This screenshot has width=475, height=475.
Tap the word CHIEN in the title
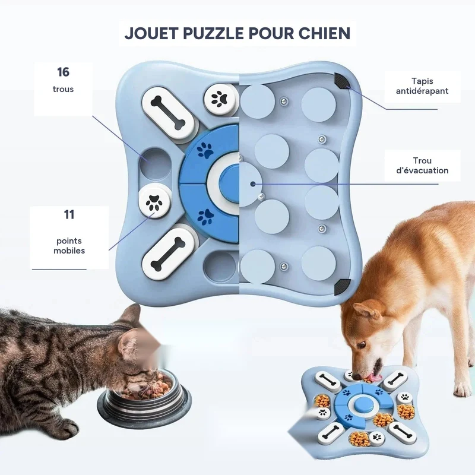324,33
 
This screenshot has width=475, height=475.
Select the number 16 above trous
63,72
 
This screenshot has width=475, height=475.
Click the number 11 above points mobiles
69,214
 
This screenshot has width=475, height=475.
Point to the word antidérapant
422,91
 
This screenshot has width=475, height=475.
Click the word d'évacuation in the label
422,170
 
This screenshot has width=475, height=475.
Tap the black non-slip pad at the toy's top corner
341,81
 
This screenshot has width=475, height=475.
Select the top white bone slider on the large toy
169,112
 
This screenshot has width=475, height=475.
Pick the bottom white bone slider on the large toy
169,254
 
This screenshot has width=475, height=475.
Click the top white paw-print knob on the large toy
220,99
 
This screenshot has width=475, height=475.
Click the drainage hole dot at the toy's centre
252,183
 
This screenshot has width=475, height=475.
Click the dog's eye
362,345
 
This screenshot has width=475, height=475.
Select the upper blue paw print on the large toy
205,151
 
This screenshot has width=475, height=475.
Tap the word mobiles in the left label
69,251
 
